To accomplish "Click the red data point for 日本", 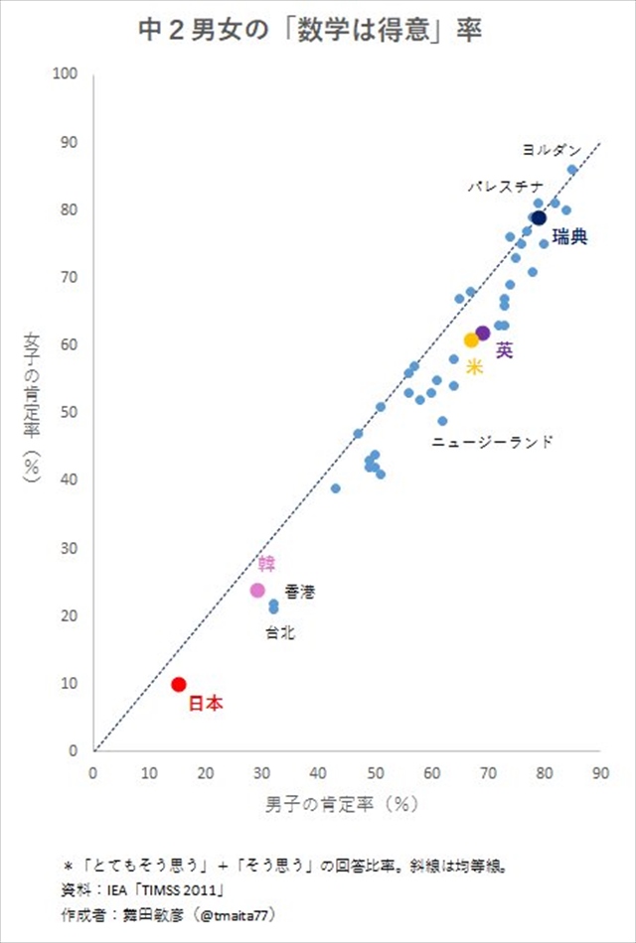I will click(x=179, y=684).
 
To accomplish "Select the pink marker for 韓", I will click(x=257, y=590).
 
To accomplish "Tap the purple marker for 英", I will click(x=483, y=334).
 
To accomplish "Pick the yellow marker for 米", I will click(x=472, y=340).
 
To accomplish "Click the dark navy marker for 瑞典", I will click(x=539, y=218).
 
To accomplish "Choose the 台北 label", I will click(x=279, y=632).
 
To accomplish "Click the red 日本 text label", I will click(x=206, y=704).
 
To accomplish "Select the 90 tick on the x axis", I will click(x=599, y=773).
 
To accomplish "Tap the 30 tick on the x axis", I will click(x=261, y=773).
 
